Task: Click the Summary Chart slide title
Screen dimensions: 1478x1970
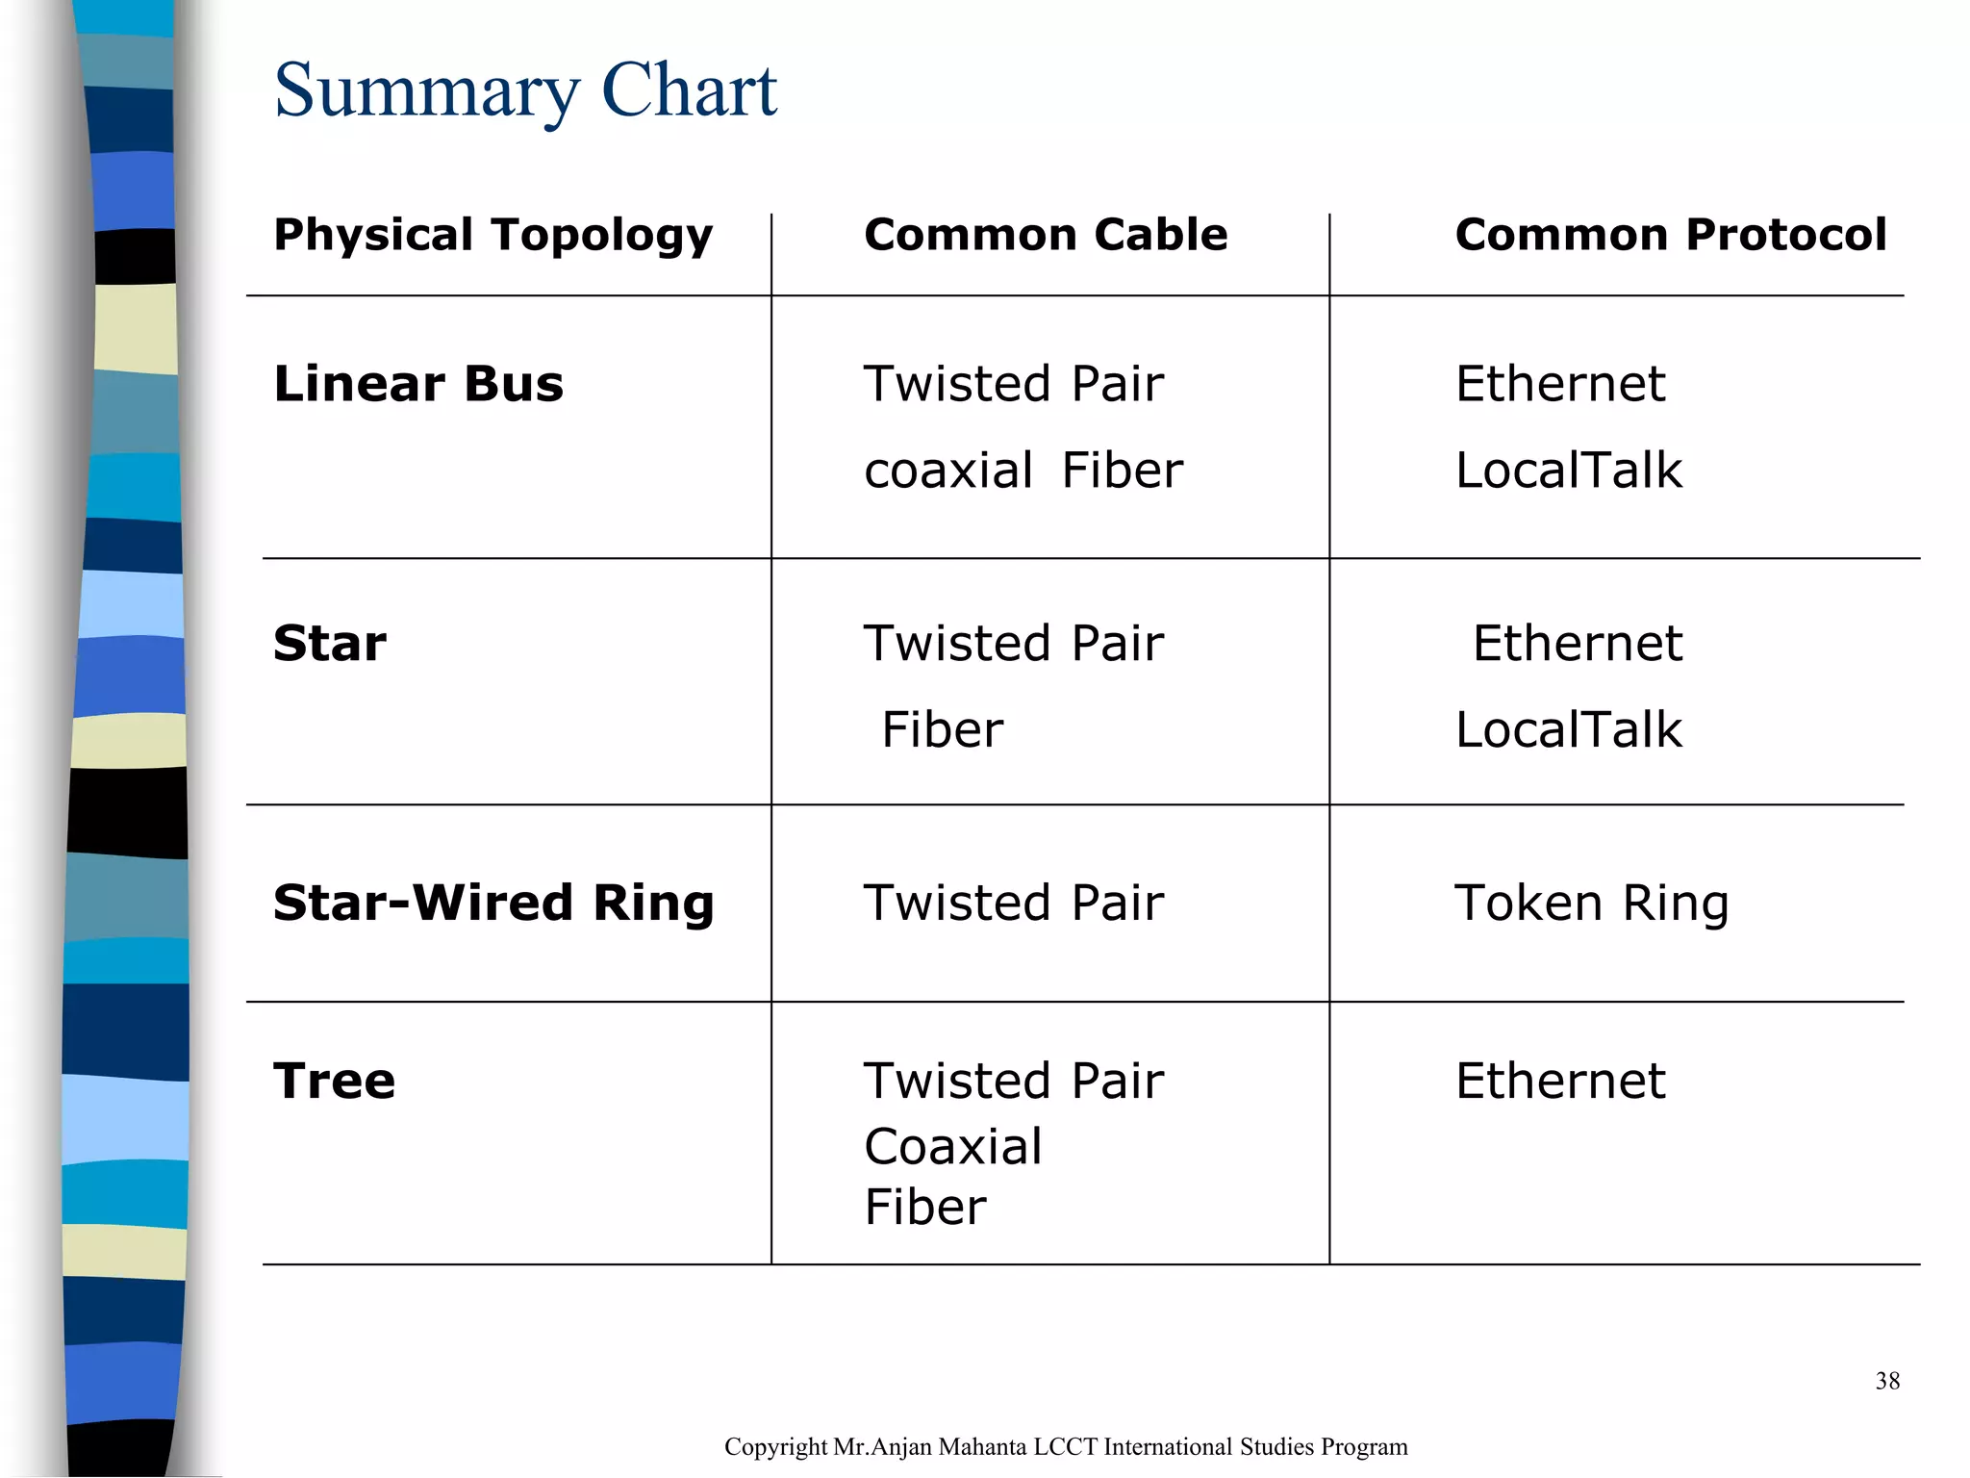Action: point(524,91)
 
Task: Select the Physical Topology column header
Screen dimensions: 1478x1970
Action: point(492,235)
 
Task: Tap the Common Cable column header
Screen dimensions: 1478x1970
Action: point(1046,235)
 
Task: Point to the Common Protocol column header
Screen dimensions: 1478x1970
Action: point(1670,235)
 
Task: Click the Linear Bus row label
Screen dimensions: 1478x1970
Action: point(418,384)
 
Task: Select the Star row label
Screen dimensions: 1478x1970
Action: point(330,644)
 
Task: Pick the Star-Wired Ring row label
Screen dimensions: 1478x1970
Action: point(493,904)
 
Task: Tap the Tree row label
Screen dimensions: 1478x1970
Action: point(334,1081)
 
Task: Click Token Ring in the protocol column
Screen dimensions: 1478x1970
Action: point(1591,904)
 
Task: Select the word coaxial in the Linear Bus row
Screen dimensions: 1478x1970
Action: point(948,471)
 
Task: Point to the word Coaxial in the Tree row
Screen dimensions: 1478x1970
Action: point(952,1147)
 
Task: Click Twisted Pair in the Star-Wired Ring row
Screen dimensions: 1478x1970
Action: point(1013,904)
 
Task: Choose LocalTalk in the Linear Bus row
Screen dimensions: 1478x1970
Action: point(1568,471)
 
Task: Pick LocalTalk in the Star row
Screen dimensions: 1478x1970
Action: point(1568,730)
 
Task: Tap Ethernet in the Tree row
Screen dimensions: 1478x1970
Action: point(1559,1081)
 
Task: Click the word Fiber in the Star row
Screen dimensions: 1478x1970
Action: point(942,730)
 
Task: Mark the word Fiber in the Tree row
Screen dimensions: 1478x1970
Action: point(924,1208)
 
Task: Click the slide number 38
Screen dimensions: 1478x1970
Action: point(1886,1382)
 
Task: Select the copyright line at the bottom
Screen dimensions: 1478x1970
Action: point(1065,1447)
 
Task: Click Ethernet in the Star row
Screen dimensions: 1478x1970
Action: point(1577,644)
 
